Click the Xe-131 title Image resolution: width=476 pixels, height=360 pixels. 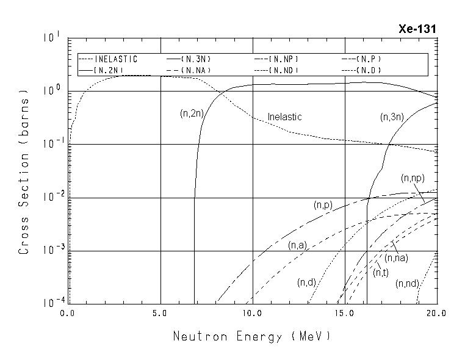point(417,29)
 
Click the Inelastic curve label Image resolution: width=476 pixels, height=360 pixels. point(285,117)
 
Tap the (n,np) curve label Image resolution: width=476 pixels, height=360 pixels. point(413,178)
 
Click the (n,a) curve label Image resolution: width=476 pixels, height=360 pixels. point(297,245)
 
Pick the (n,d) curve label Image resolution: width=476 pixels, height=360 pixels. point(306,282)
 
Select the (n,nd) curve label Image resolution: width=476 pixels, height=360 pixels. point(406,284)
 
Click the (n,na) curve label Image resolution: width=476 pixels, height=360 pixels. point(396,258)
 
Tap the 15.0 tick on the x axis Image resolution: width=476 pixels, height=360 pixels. point(345,312)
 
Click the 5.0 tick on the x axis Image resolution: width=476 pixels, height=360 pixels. point(160,312)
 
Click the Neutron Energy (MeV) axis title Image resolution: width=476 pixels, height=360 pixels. point(252,336)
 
